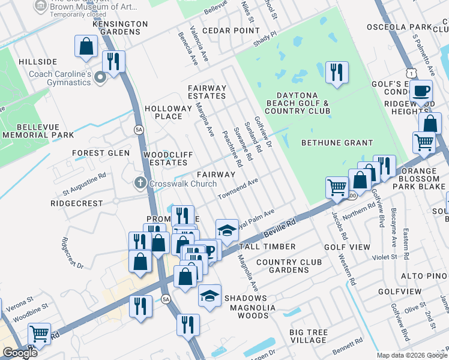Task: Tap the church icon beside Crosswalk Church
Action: pos(140,184)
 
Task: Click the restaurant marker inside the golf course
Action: pos(337,73)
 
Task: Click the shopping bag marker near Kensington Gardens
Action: pos(86,46)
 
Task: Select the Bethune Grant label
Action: pos(337,143)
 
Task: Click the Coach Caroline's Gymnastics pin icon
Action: pos(100,77)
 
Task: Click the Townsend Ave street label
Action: pos(238,188)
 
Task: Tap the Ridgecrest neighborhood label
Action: pos(77,203)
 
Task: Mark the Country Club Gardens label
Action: pos(290,266)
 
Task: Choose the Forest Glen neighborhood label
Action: pos(101,153)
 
